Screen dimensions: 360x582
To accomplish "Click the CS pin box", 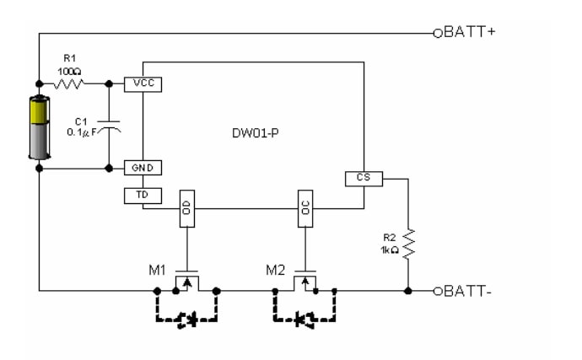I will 364,179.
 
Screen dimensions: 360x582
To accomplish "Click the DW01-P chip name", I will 254,133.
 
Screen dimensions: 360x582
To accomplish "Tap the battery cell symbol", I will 40,127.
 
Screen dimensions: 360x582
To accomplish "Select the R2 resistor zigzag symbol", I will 407,243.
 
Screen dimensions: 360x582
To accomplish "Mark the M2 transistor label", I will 275,271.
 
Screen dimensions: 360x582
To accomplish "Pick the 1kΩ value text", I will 389,250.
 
